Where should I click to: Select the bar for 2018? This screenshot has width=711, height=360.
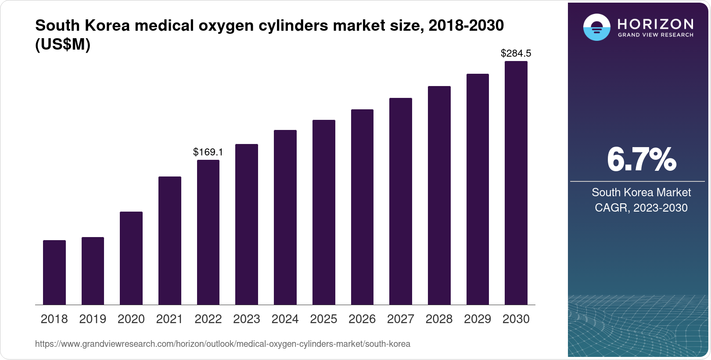pos(54,272)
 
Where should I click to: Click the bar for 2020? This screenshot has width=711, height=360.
pos(131,258)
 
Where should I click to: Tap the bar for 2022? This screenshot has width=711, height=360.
pos(208,232)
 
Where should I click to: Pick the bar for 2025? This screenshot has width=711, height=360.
pos(324,212)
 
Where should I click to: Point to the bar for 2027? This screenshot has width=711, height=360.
pos(401,201)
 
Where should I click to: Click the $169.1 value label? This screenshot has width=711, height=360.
pos(208,152)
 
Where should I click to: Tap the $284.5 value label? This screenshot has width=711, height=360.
pos(516,54)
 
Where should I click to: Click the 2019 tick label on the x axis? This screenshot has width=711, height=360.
pos(93,319)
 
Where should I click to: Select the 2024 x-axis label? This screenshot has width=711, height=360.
pos(285,319)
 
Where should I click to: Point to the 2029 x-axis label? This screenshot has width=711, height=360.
pos(478,319)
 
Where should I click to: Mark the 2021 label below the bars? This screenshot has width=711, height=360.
pos(169,319)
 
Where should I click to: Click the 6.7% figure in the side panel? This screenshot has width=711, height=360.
pos(641,159)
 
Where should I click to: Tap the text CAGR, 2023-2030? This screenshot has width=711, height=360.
pos(641,208)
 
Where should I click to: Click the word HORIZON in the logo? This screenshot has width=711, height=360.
pos(656,24)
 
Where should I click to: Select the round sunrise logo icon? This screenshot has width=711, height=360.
pos(596,28)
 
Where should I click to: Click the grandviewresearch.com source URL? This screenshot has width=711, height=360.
pos(223,344)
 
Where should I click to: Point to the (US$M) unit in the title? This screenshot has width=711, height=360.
pos(63,44)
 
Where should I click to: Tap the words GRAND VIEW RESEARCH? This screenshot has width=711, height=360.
pos(656,35)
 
